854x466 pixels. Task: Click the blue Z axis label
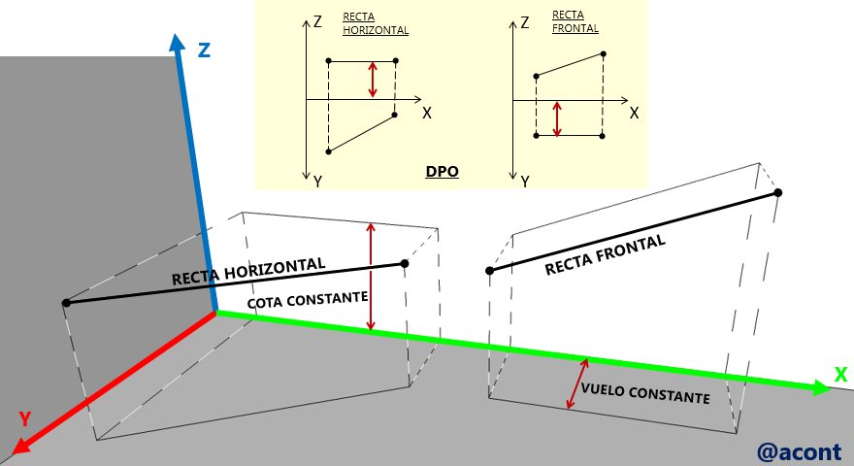click(204, 50)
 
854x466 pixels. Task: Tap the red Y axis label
click(25, 418)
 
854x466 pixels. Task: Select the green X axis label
click(841, 375)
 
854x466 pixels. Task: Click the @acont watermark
click(799, 451)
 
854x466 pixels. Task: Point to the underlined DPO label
click(442, 171)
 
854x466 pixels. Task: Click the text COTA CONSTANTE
click(308, 300)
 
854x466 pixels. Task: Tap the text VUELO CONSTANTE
click(645, 393)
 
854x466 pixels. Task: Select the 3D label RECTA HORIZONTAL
click(248, 272)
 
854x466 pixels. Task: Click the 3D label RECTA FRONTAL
click(606, 254)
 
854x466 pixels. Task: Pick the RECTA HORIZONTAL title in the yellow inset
click(376, 23)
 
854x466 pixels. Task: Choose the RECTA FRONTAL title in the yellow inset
click(575, 21)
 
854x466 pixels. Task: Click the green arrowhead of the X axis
click(821, 387)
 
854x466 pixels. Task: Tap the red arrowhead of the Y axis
click(20, 446)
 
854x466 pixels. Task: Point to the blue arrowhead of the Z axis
click(177, 43)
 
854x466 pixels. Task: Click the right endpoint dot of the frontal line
click(778, 192)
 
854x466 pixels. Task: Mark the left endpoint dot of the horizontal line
click(66, 303)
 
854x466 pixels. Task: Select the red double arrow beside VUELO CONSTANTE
click(577, 383)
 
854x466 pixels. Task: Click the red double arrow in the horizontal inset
click(373, 80)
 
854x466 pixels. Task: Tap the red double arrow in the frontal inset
click(557, 118)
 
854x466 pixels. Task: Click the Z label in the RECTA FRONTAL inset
click(525, 22)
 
